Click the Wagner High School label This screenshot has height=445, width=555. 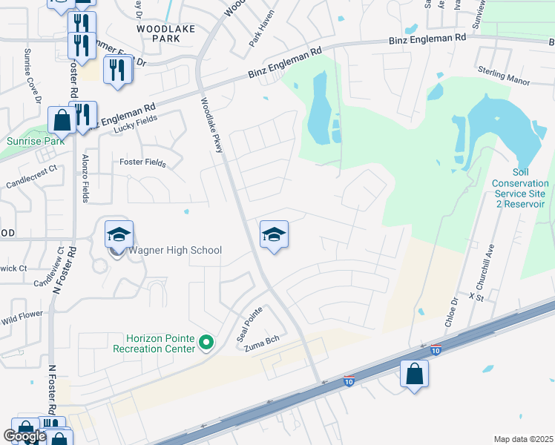point(175,250)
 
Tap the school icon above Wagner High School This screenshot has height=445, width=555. point(119,235)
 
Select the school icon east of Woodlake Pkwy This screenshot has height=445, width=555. point(274,235)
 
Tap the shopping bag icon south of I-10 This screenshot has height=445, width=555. point(414,375)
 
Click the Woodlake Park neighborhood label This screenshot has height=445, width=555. point(166,33)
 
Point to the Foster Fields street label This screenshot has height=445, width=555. point(142,162)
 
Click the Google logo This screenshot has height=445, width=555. point(24,436)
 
